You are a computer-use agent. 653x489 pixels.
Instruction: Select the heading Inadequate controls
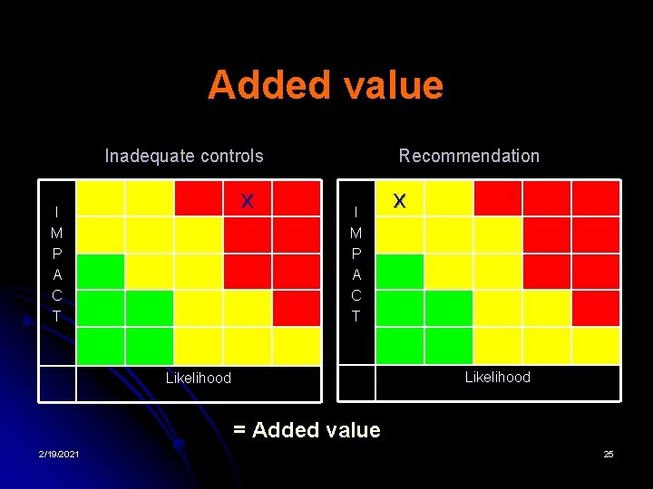click(x=184, y=156)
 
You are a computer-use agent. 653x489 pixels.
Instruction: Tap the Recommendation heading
click(x=469, y=156)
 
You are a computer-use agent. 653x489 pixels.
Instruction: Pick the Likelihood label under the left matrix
click(x=198, y=378)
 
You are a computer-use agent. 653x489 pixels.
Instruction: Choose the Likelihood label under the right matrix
click(x=497, y=377)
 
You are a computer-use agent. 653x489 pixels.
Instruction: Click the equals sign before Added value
click(x=239, y=430)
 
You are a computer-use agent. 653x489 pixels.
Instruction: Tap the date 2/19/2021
click(x=58, y=454)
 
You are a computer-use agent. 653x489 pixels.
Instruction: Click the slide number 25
click(x=609, y=454)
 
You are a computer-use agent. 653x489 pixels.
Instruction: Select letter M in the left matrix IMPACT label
click(x=57, y=233)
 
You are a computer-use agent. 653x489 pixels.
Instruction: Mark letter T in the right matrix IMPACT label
click(x=356, y=316)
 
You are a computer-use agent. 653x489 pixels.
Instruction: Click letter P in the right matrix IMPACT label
click(x=356, y=254)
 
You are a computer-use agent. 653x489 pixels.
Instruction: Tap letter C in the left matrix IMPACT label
click(x=57, y=295)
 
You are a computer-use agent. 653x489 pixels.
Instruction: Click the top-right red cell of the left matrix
click(x=297, y=198)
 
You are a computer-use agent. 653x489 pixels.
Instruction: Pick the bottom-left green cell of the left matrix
click(x=101, y=345)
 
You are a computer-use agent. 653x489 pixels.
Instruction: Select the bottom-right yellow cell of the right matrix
click(x=596, y=345)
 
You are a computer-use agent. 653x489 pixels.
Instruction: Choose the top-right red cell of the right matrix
click(x=596, y=198)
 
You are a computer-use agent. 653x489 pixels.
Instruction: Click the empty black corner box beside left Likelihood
click(x=57, y=383)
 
